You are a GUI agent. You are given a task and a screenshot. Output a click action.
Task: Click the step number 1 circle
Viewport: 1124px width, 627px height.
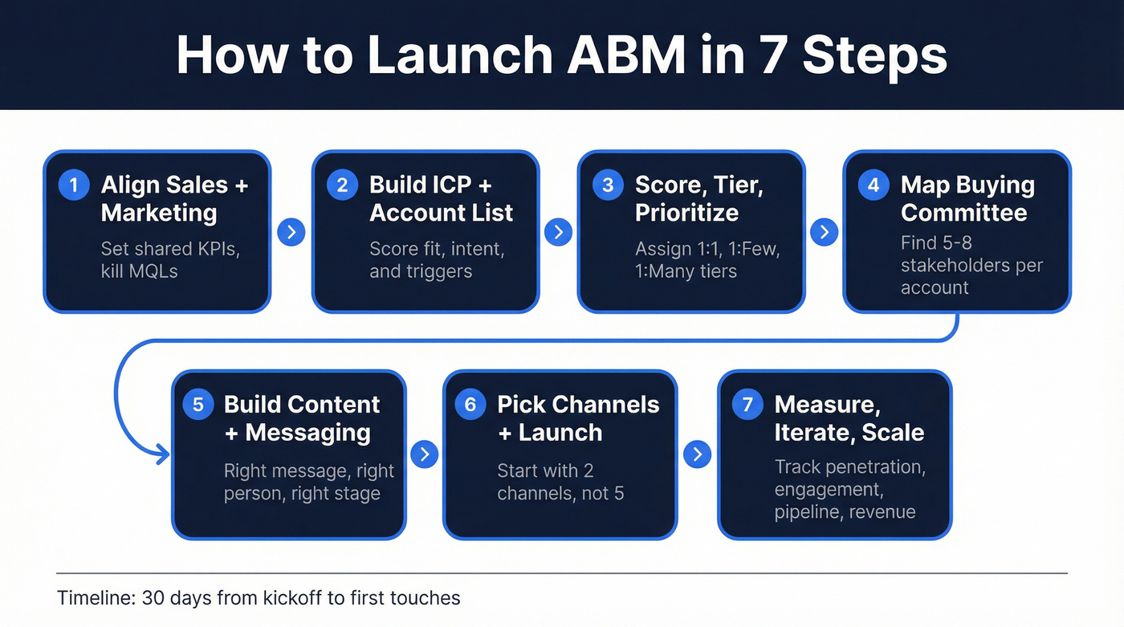coord(74,185)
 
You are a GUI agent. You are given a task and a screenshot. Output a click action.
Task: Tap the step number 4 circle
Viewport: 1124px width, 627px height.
coord(874,185)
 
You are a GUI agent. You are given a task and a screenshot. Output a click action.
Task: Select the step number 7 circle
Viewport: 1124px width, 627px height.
coord(747,405)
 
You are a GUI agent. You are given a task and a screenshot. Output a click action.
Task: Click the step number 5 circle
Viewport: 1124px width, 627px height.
coord(198,405)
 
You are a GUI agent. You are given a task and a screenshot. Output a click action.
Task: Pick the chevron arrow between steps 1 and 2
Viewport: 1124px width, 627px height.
coord(291,233)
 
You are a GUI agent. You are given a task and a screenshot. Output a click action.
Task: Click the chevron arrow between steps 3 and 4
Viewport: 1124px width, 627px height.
coord(824,233)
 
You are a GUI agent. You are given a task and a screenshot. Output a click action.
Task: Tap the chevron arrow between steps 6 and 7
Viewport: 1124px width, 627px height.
coord(697,454)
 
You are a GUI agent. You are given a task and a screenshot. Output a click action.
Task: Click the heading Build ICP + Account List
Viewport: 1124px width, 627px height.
coord(441,198)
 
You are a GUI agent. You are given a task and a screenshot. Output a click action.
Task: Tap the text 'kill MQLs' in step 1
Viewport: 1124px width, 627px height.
coord(139,271)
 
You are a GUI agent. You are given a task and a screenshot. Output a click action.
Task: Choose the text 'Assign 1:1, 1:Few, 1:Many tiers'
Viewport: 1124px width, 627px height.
coord(707,259)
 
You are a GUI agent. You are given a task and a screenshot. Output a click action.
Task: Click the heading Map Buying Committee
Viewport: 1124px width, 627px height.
coord(967,198)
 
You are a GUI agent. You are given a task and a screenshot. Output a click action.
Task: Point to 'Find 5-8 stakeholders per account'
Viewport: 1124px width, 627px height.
coord(971,265)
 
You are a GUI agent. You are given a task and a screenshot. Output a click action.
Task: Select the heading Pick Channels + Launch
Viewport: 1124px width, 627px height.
coord(578,418)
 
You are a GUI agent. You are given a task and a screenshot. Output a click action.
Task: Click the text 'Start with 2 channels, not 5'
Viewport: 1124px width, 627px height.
coord(560,482)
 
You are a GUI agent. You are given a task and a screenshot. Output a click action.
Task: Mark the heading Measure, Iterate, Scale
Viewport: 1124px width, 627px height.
coord(849,418)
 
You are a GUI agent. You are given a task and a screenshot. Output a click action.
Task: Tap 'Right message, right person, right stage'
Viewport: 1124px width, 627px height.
coord(309,482)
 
